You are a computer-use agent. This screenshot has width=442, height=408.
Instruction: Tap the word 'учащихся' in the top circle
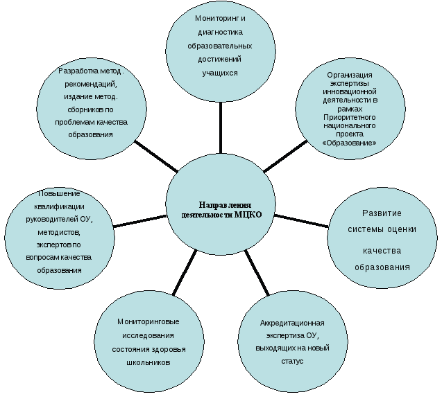tap(220, 72)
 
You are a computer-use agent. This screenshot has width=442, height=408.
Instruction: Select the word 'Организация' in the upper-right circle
tap(349, 75)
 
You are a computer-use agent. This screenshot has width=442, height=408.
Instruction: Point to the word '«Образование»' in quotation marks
tap(350, 143)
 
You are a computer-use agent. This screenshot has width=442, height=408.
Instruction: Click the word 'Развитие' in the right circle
tap(382, 213)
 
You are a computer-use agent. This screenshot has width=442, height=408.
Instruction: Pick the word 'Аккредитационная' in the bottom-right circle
tap(292, 323)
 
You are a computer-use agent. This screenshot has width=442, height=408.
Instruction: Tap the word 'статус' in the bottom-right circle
tap(293, 362)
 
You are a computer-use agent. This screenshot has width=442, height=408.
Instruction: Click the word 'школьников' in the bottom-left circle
tap(148, 362)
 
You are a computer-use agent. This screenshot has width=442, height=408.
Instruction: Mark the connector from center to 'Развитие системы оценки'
tap(301, 220)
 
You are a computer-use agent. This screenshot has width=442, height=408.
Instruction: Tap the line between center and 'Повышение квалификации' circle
tap(139, 220)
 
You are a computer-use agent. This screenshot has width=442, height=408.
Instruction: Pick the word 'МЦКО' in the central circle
tap(248, 215)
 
